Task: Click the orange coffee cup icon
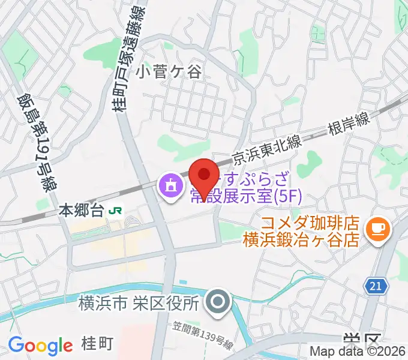point(379,229)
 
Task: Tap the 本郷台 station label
point(82,211)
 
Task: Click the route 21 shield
point(375,287)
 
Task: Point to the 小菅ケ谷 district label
point(169,73)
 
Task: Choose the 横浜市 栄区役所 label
point(138,304)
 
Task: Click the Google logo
point(40,346)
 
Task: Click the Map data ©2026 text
point(358,352)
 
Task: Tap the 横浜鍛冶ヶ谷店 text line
point(301,239)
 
